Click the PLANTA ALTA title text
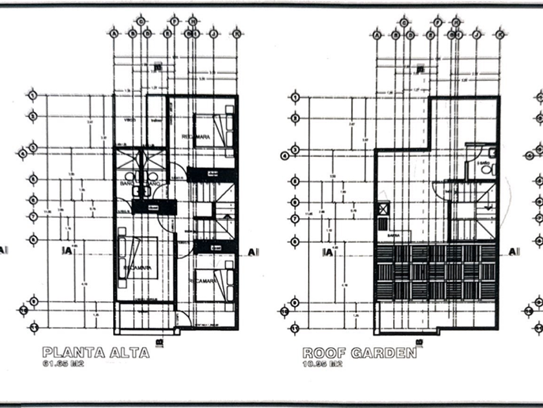[96, 353]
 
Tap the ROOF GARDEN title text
[359, 353]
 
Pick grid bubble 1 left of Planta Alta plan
[31, 96]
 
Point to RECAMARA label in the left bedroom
[136, 267]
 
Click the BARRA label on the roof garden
[394, 236]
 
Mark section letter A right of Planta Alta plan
[250, 251]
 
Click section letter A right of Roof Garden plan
[513, 251]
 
